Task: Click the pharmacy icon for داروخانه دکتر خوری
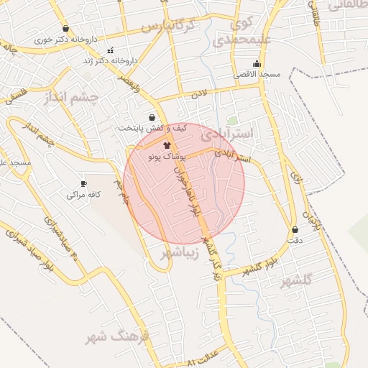66,29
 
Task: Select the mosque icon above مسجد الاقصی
257,63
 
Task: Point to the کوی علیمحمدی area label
248,32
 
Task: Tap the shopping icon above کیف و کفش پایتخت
152,117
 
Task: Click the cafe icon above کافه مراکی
83,184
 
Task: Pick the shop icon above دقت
295,230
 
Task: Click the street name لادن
198,93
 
